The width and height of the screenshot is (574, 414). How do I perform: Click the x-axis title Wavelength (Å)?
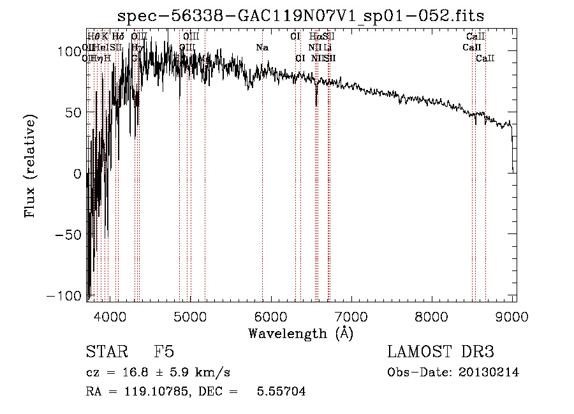point(300,333)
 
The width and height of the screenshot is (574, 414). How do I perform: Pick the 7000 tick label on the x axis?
point(351,316)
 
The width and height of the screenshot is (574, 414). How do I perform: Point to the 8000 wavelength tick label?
point(432,316)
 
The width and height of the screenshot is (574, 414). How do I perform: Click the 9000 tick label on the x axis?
point(513,316)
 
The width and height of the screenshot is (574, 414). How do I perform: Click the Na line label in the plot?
point(262,47)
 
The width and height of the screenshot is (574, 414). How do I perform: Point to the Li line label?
point(327,47)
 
